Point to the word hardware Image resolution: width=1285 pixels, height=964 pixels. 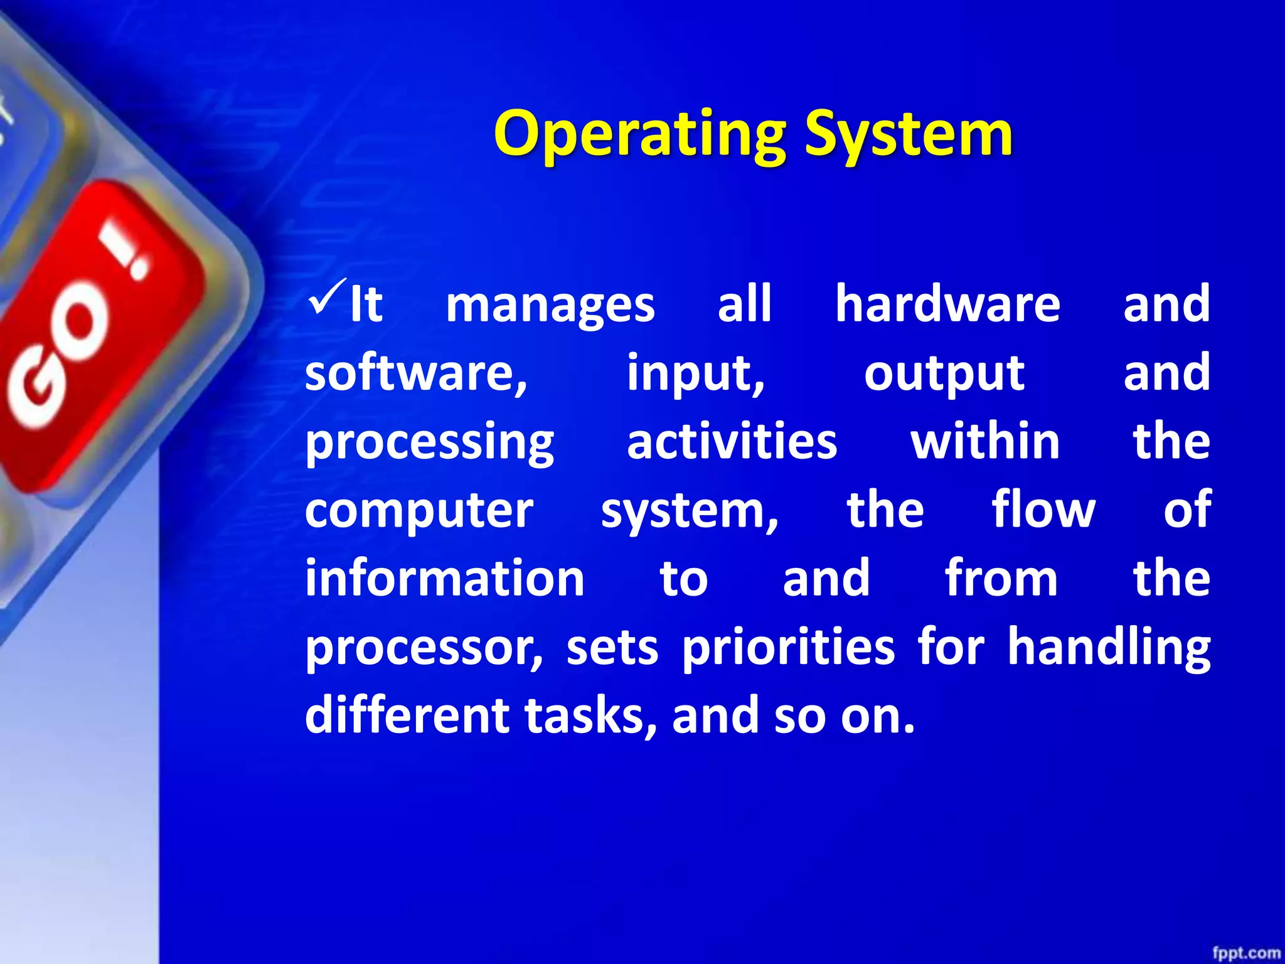[x=947, y=304]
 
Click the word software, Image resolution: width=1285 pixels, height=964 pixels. [x=417, y=373]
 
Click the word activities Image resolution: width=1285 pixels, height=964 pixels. [x=732, y=442]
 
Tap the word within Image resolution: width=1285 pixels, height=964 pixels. [x=985, y=442]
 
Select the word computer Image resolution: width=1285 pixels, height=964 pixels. [x=419, y=512]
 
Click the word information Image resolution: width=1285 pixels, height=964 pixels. [x=445, y=579]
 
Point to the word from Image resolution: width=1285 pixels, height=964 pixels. [x=1001, y=579]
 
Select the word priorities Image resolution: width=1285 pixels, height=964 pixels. [x=788, y=648]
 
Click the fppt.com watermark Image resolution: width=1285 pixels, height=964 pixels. [x=1245, y=953]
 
